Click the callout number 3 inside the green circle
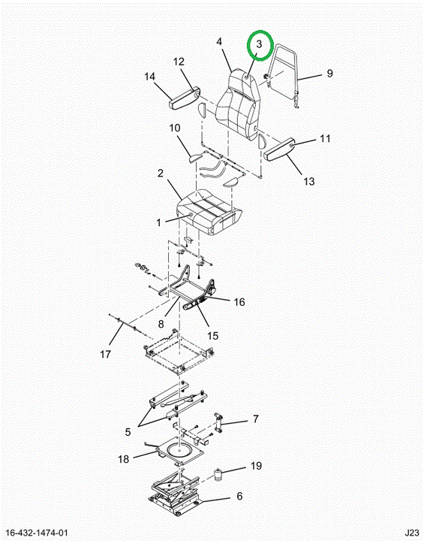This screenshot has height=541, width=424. pos(259,44)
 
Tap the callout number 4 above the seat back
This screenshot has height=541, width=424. pos(219,42)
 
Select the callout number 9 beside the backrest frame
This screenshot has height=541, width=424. pos(329,73)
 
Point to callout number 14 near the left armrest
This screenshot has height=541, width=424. pos(149,76)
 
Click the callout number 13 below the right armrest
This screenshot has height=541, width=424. pos(309,181)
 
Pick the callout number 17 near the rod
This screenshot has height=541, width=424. pos(106,354)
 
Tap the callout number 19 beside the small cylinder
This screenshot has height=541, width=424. pos(256,466)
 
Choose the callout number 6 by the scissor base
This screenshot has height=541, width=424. pos(239,496)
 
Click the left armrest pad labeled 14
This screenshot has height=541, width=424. pos(184,98)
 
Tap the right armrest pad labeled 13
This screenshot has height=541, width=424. pos(280,149)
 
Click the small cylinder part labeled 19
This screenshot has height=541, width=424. pos(218,474)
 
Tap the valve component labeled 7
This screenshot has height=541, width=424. pos(218,422)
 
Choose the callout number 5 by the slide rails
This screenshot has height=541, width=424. pos(128,431)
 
